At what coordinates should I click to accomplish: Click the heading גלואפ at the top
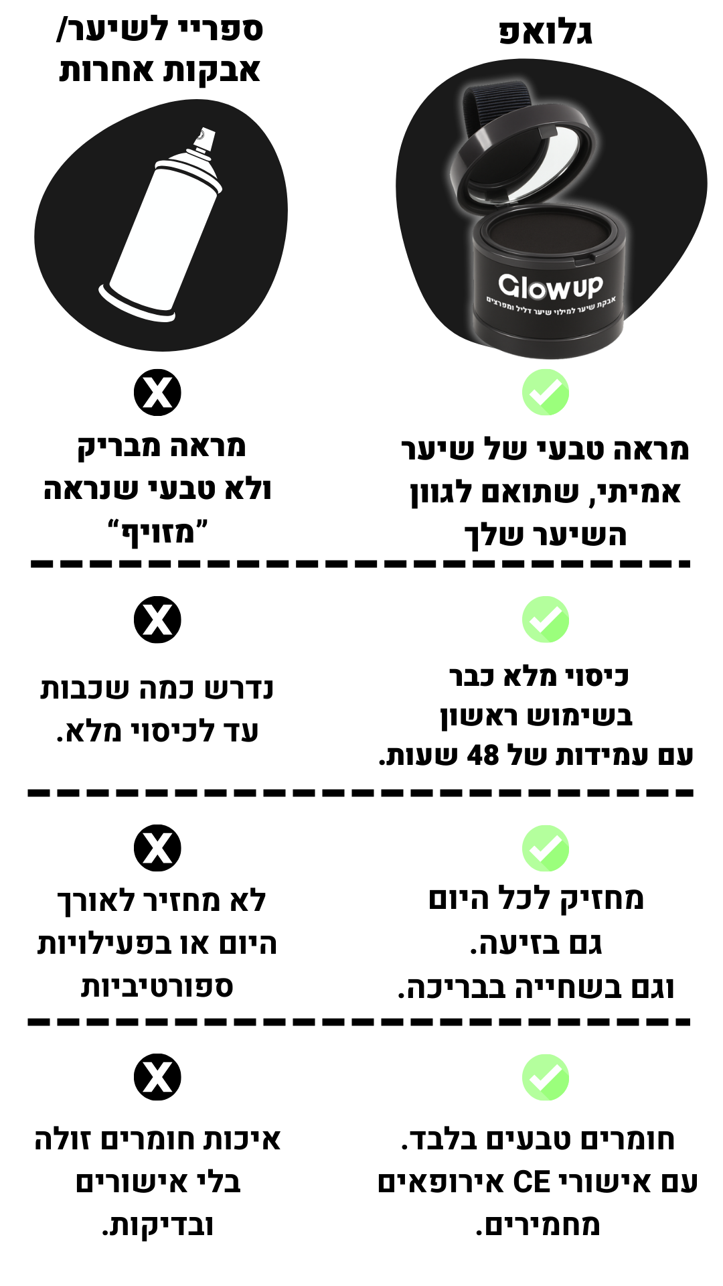click(x=546, y=33)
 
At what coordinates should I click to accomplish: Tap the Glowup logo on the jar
click(x=550, y=286)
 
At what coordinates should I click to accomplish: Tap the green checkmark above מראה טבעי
click(x=546, y=392)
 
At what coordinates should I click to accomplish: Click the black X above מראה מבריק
click(x=157, y=392)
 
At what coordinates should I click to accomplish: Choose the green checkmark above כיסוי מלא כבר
click(x=546, y=620)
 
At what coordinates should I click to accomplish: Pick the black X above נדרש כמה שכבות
click(x=157, y=620)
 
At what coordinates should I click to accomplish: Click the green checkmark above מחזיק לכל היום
click(x=546, y=849)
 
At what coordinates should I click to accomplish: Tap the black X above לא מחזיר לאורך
click(x=157, y=849)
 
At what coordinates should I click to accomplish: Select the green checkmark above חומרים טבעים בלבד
click(x=546, y=1078)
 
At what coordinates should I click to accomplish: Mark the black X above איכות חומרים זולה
click(x=157, y=1078)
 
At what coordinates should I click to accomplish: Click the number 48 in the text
click(x=483, y=756)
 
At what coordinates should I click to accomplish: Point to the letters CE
click(x=532, y=1182)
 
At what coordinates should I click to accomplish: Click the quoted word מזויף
click(x=158, y=533)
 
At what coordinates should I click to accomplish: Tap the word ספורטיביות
click(x=157, y=987)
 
